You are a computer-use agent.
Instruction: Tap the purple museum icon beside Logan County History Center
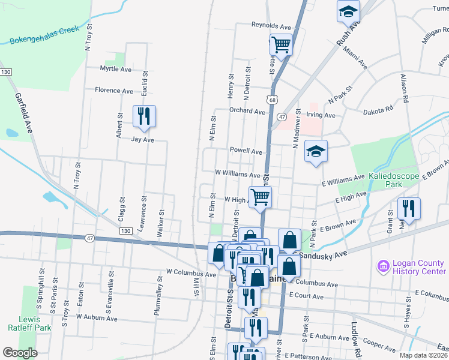[x=382, y=265]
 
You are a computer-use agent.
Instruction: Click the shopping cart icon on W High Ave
[x=261, y=197]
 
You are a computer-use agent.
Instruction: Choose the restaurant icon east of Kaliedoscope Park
[x=409, y=208]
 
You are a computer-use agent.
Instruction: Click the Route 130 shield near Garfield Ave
[x=6, y=72]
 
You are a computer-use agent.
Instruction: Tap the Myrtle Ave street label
[x=115, y=69]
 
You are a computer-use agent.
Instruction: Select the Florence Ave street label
[x=114, y=91]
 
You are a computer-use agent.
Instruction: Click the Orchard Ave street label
[x=247, y=112]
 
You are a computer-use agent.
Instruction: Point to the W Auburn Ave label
[x=97, y=317]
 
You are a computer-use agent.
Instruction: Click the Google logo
[x=20, y=353]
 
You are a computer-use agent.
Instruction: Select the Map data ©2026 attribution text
[x=423, y=355]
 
